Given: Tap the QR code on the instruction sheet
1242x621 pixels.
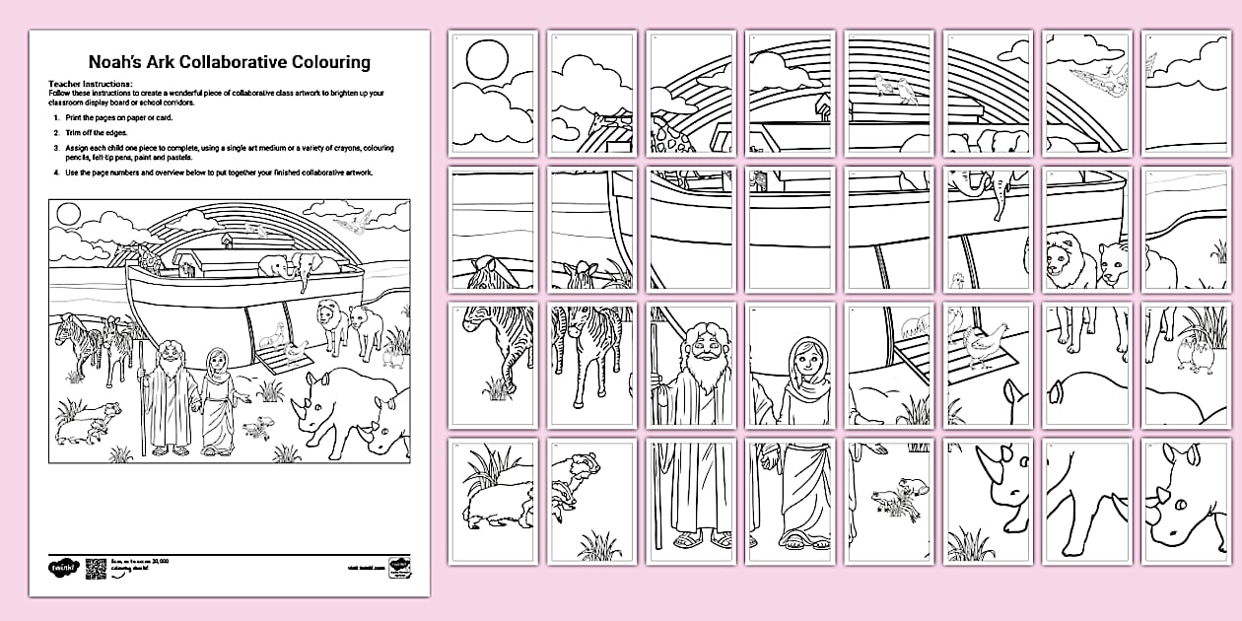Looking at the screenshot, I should coord(95,568).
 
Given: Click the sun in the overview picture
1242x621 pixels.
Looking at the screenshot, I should coord(68,212).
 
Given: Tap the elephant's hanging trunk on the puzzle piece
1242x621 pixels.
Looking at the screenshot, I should coord(998,202).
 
